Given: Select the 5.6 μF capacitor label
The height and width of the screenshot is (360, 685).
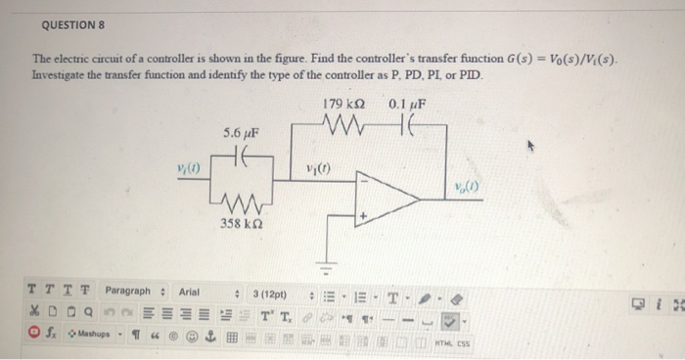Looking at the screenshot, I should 241,133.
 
